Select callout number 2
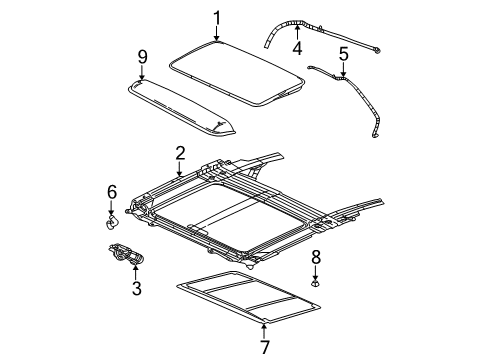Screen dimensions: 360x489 [x=179, y=152]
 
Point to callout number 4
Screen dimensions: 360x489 [x=297, y=45]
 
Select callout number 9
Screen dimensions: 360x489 [x=143, y=57]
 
